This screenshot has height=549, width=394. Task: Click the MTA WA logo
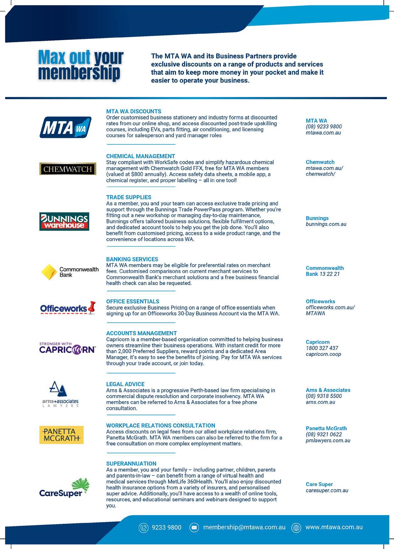point(65,127)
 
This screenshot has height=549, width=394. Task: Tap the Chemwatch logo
point(68,169)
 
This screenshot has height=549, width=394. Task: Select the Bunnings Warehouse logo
point(64,222)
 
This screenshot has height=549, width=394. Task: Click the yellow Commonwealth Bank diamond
point(49,272)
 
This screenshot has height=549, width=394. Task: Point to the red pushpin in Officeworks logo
point(92,307)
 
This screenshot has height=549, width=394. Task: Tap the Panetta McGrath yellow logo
point(61,435)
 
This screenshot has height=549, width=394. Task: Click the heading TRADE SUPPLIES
point(129,197)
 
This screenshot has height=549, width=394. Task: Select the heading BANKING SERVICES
point(132,259)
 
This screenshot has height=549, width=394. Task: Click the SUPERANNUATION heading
point(131,463)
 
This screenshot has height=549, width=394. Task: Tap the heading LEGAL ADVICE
point(125,384)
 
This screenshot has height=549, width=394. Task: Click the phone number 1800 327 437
point(322,348)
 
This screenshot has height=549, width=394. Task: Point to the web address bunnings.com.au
point(326,224)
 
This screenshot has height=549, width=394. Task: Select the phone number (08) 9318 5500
point(324,396)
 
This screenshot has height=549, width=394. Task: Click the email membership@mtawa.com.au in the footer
point(244,527)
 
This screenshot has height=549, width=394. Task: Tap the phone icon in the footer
point(143,528)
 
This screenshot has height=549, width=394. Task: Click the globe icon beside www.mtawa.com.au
point(296,528)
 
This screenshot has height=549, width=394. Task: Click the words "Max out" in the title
point(64,58)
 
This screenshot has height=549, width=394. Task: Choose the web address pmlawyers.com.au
point(328,440)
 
